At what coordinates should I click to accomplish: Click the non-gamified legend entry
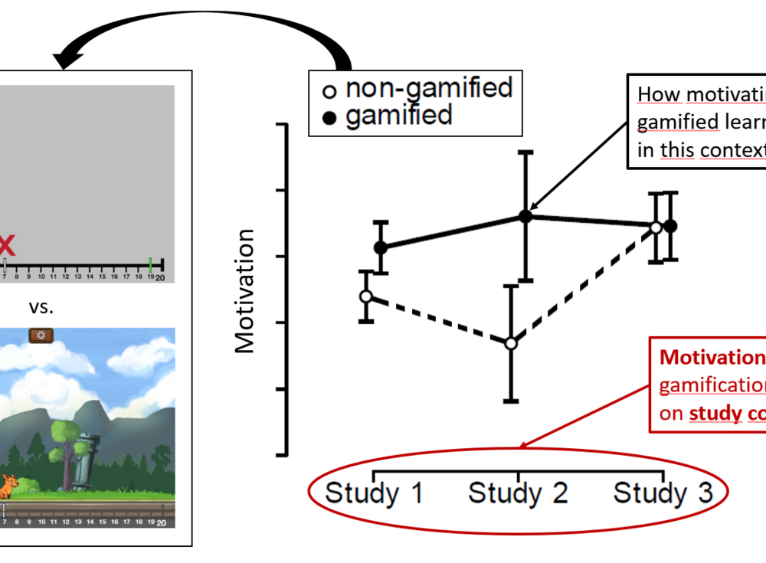click(417, 89)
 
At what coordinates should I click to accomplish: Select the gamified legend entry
click(388, 116)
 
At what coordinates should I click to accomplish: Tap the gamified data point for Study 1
click(380, 247)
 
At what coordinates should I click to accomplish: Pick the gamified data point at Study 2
click(525, 216)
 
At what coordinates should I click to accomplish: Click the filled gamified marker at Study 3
click(670, 226)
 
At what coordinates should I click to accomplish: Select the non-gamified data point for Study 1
click(366, 296)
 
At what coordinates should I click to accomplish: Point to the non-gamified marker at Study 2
click(511, 343)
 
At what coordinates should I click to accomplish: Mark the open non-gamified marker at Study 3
click(656, 227)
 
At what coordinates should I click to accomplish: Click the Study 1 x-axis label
click(374, 493)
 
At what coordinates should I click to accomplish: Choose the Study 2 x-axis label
click(518, 493)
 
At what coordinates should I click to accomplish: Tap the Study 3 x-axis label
click(663, 493)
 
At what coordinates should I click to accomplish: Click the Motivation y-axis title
click(245, 291)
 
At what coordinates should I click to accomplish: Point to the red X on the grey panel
click(6, 246)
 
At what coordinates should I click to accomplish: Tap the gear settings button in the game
click(40, 336)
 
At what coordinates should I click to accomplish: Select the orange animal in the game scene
click(8, 486)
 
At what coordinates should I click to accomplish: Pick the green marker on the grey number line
click(150, 265)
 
